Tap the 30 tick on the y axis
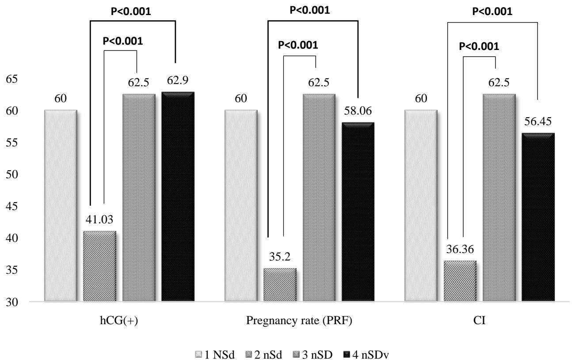click(12, 302)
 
